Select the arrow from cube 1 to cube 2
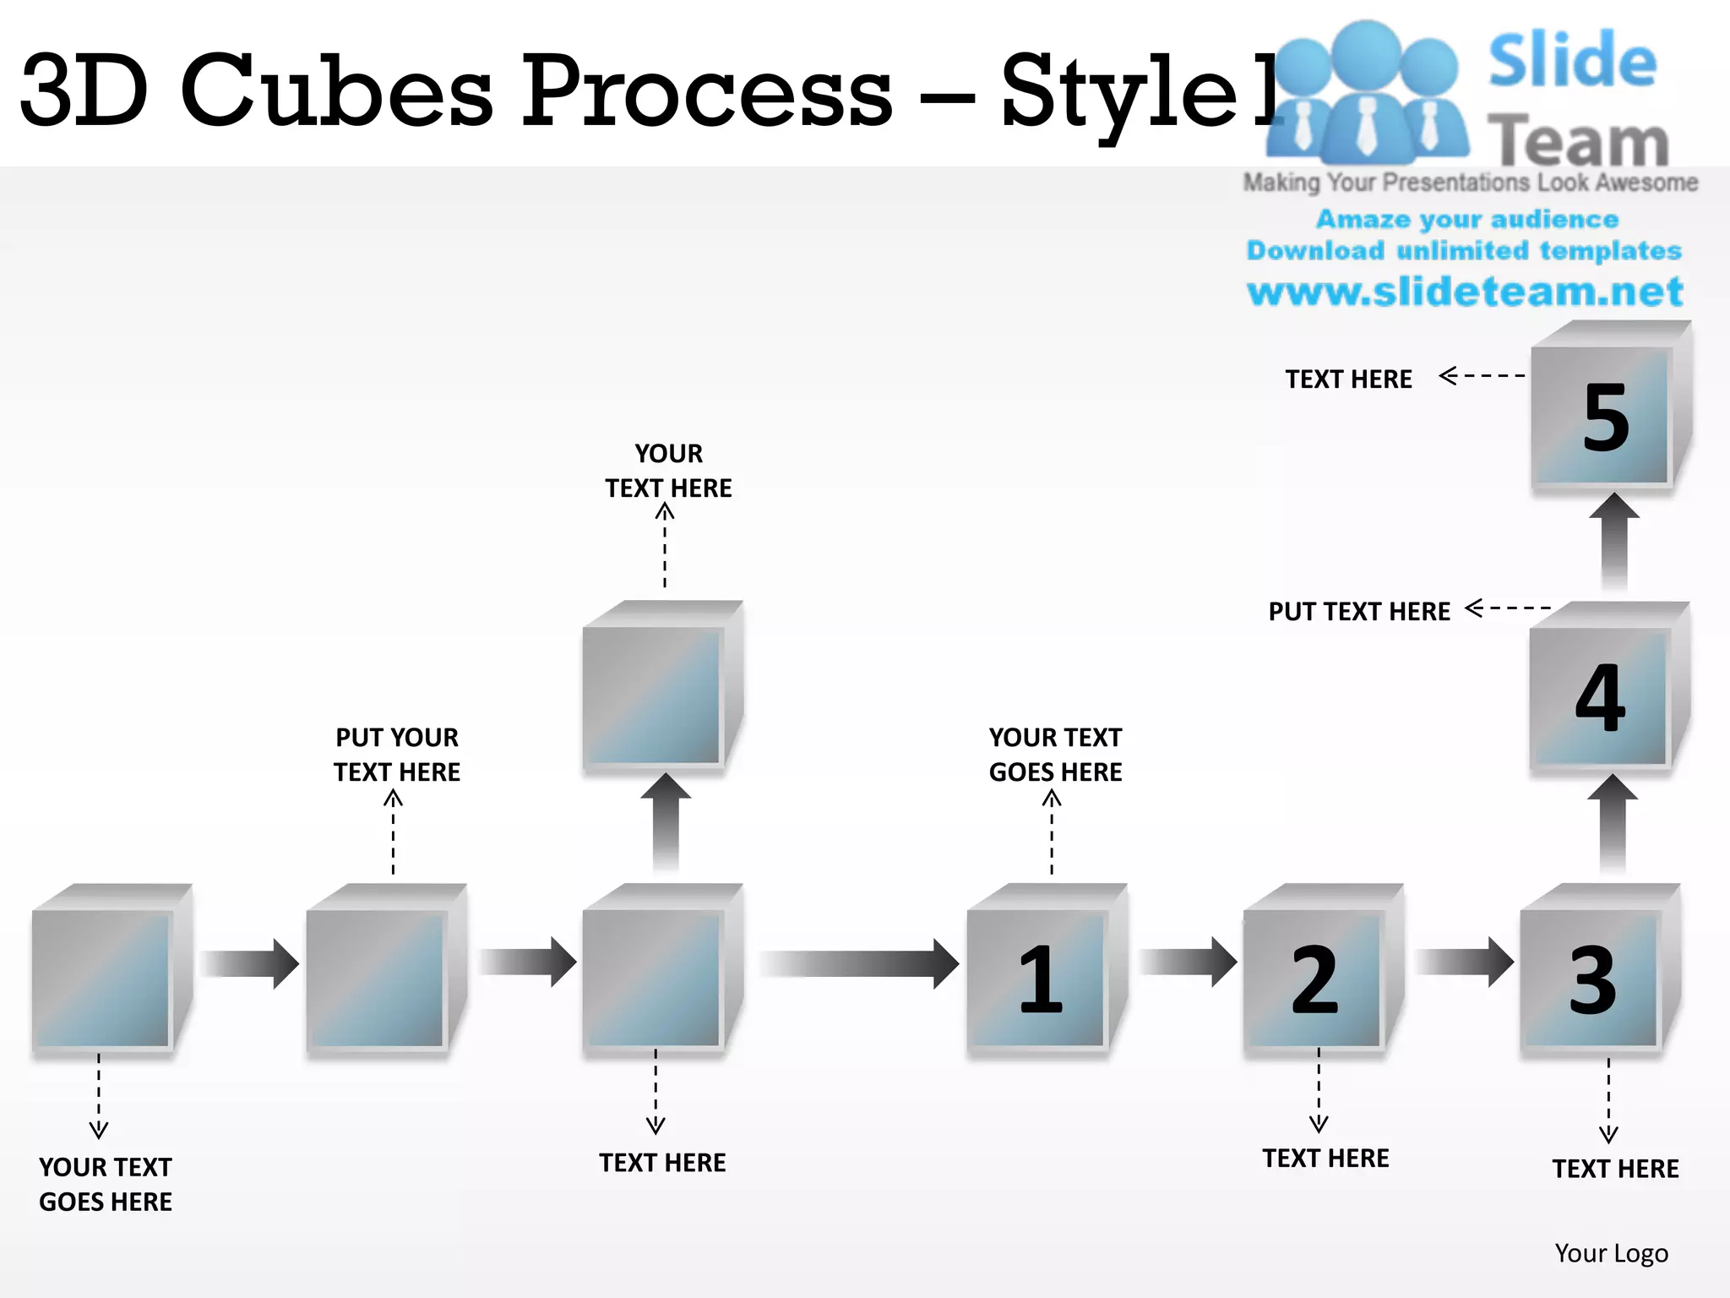tap(1187, 962)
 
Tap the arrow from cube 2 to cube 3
tap(1464, 962)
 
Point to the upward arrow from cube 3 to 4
tap(1613, 824)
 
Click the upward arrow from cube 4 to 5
tap(1614, 541)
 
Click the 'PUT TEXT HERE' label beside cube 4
tap(1358, 611)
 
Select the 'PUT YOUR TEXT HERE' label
tap(397, 755)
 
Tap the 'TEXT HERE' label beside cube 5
tap(1348, 379)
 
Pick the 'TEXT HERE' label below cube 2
tap(1325, 1158)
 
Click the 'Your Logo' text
tap(1611, 1252)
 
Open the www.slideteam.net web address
tap(1465, 292)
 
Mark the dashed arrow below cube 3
tap(1608, 1099)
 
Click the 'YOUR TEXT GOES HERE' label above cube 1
tap(1055, 755)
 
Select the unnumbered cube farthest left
tap(103, 976)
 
